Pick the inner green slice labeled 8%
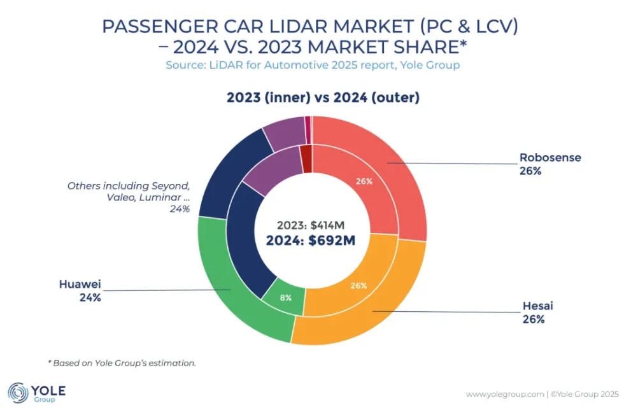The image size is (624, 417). pyautogui.click(x=285, y=297)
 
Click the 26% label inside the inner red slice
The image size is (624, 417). pyautogui.click(x=364, y=181)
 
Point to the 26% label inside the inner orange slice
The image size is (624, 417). pyautogui.click(x=358, y=286)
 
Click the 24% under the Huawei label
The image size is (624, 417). pyautogui.click(x=90, y=297)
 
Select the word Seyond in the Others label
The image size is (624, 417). pyautogui.click(x=169, y=185)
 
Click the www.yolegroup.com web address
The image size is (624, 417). pyautogui.click(x=504, y=395)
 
